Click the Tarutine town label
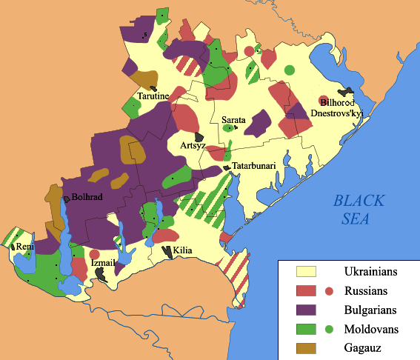tap(153, 96)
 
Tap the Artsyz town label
tap(193, 146)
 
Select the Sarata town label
tap(234, 119)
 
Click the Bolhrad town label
tap(88, 199)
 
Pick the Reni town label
tap(24, 246)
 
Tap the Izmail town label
tap(101, 262)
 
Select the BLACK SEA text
tap(359, 209)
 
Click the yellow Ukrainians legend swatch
tap(306, 272)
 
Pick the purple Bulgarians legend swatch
tap(306, 310)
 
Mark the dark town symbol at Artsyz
tap(199, 136)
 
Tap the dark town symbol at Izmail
tap(103, 274)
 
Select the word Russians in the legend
tap(370, 291)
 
